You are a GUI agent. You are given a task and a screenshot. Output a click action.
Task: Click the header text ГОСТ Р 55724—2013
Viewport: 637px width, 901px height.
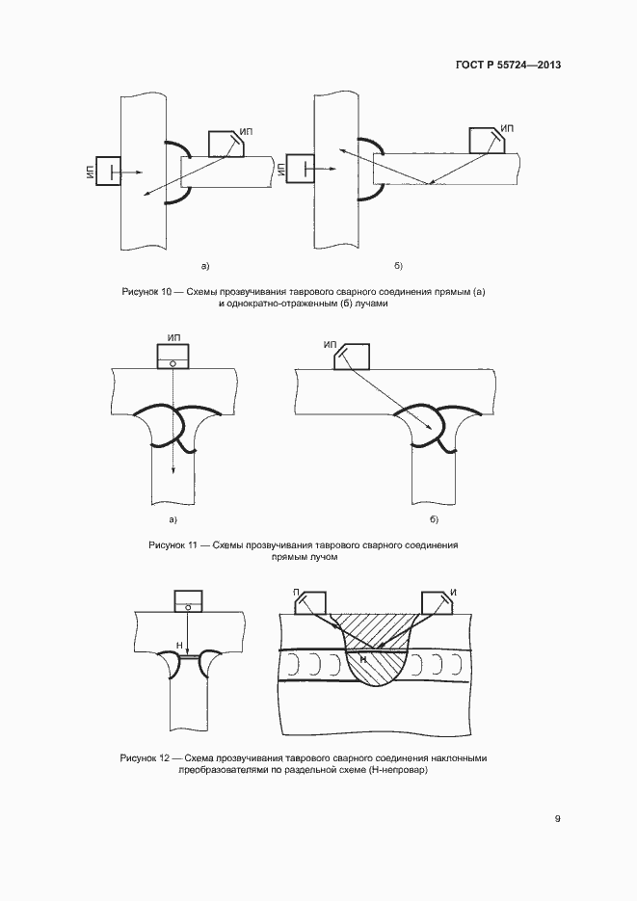508,66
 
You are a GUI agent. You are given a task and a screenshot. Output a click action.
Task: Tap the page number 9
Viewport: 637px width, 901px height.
558,818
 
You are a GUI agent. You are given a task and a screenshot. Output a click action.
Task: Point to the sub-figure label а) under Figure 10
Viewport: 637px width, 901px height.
204,265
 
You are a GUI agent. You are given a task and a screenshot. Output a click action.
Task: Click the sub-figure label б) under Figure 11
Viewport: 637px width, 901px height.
434,520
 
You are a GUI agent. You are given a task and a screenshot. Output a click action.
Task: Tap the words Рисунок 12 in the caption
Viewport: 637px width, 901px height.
146,758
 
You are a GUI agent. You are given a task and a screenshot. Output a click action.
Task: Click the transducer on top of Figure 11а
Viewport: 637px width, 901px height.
173,358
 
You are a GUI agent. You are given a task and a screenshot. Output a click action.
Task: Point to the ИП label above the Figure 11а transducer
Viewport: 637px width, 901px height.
173,338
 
